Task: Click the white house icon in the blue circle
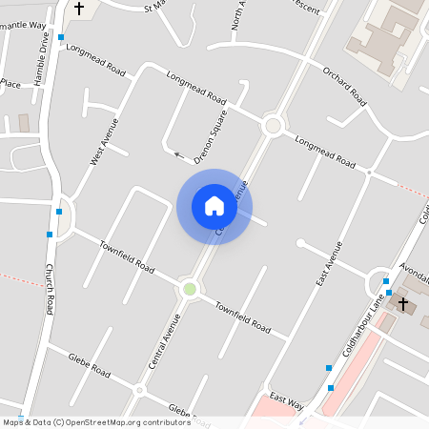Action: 214,206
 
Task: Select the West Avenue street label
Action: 104,142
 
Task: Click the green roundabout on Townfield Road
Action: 189,288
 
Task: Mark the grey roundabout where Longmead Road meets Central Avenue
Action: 273,125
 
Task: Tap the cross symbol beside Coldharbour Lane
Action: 403,304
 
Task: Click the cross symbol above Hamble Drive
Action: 78,9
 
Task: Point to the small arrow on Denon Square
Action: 176,153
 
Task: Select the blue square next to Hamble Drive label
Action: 61,37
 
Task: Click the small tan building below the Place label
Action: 24,123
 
